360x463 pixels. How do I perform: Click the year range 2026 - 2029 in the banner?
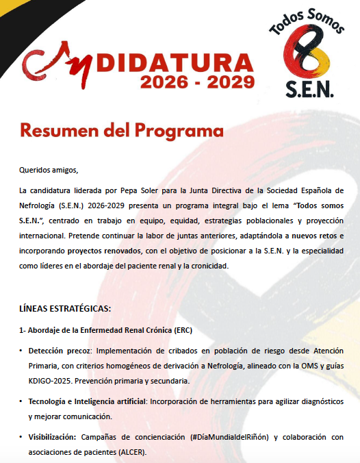coord(197,82)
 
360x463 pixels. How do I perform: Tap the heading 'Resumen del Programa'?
coord(122,129)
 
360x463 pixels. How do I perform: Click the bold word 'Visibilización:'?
coord(53,437)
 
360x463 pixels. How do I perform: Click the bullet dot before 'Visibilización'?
coord(21,437)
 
